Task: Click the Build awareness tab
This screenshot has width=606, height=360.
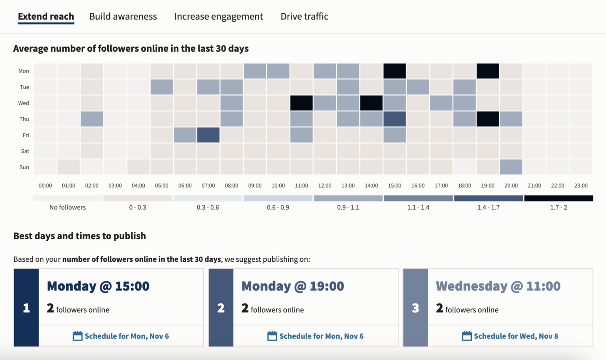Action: click(123, 17)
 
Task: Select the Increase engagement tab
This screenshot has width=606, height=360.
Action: click(218, 17)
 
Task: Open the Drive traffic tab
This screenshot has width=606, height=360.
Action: click(304, 17)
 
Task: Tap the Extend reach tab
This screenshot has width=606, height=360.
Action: click(46, 17)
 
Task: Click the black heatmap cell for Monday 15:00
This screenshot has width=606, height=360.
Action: click(395, 71)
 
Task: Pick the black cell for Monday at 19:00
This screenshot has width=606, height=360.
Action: click(488, 71)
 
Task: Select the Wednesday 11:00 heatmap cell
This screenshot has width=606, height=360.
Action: click(301, 103)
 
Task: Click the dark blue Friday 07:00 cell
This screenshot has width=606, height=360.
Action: click(208, 135)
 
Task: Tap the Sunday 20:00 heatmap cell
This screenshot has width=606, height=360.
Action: click(511, 167)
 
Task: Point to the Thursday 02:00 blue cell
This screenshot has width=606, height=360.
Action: click(92, 119)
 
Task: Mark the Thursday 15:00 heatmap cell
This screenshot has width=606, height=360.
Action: click(395, 119)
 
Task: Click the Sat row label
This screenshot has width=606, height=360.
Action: click(25, 151)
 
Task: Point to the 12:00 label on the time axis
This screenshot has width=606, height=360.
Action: click(325, 186)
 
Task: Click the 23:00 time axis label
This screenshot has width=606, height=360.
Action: click(581, 186)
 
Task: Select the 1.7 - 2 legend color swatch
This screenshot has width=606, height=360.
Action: click(558, 198)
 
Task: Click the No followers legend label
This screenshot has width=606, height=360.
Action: click(67, 207)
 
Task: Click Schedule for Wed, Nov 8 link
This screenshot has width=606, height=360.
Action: click(516, 336)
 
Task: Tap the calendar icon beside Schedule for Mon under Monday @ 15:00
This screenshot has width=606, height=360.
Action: click(78, 336)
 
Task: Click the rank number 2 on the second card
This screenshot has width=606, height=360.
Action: click(221, 308)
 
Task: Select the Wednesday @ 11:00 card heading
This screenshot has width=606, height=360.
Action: click(498, 286)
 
